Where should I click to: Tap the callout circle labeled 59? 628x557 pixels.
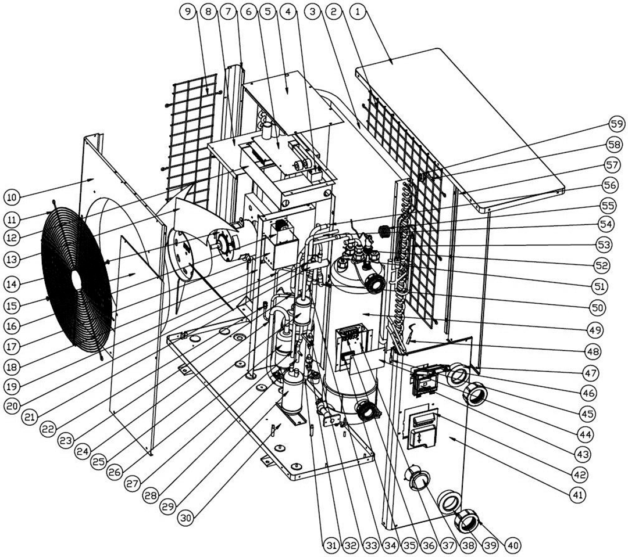click(615, 123)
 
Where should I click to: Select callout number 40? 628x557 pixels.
click(512, 545)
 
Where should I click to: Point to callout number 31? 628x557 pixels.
click(331, 545)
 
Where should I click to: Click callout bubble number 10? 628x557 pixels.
click(12, 197)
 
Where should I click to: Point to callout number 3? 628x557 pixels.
click(315, 12)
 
